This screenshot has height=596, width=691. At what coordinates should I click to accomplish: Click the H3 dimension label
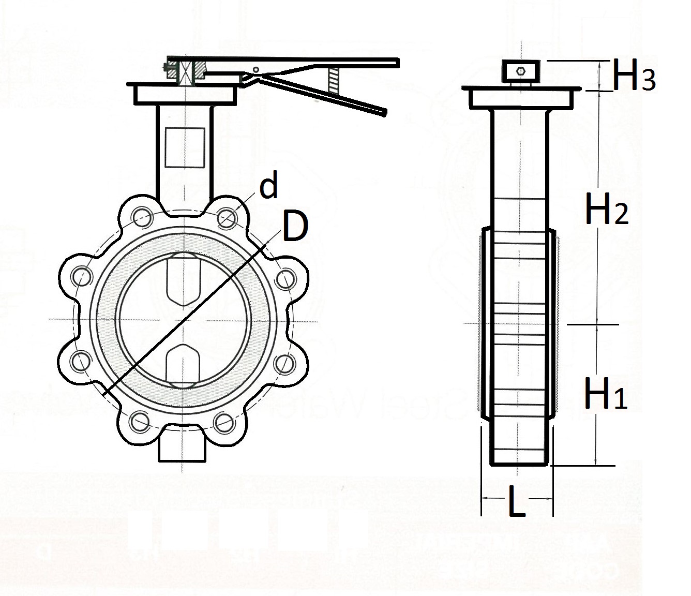634,77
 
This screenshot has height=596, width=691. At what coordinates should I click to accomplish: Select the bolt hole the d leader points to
227,217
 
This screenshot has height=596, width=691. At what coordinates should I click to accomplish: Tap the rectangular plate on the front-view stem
185,147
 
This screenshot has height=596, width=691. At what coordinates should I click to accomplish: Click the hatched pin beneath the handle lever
334,83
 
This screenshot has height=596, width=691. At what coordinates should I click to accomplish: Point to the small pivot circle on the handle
256,69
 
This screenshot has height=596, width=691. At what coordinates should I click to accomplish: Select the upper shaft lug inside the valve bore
184,280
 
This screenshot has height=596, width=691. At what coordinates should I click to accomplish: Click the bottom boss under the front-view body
184,448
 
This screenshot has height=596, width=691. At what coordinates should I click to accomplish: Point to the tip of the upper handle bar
397,62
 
